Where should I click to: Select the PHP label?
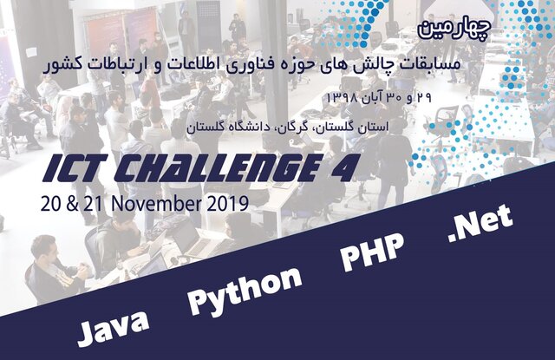tap(372, 251)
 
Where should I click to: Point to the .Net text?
tap(480, 224)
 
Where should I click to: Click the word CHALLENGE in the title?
tap(217, 167)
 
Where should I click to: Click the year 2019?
tap(227, 204)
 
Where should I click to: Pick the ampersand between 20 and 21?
tap(72, 204)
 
